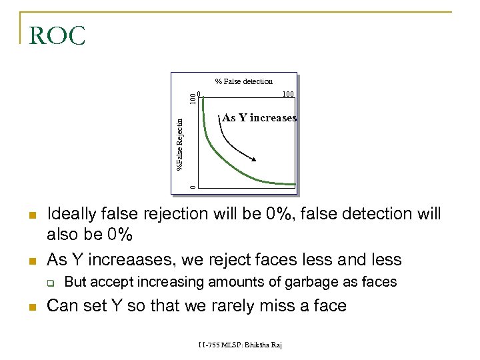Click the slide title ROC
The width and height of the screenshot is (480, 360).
57,36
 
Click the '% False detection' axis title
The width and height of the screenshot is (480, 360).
243,81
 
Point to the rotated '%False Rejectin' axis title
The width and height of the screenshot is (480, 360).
179,143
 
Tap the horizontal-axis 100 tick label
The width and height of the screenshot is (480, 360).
289,94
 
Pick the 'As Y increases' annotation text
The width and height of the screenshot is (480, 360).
259,118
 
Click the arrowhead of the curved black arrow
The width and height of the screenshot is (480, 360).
255,158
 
